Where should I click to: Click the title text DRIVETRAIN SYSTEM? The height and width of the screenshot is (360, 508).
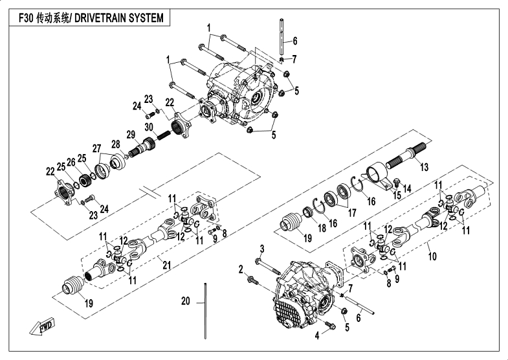119,18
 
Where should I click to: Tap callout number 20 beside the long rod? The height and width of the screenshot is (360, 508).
185,301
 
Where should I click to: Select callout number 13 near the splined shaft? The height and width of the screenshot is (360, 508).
424,167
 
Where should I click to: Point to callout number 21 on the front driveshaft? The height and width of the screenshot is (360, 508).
166,265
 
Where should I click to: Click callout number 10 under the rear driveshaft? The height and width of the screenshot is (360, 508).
432,256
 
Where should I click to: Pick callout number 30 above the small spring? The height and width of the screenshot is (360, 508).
149,127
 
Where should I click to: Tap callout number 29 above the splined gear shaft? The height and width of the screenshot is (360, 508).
131,135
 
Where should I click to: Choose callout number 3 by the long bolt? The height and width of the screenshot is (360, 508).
262,249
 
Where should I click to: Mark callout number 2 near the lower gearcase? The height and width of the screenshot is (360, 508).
241,269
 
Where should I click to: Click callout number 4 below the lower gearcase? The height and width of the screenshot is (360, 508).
317,335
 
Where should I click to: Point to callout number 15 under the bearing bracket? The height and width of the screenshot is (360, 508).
397,195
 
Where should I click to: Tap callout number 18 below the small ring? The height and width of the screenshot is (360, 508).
322,228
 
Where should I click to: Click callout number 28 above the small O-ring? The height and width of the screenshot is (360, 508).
116,144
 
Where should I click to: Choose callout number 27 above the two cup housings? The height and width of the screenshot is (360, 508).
96,148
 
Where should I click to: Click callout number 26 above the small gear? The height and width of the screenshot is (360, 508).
71,161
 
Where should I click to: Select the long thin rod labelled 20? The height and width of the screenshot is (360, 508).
205,311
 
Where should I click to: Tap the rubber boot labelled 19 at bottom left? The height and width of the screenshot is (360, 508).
73,285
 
